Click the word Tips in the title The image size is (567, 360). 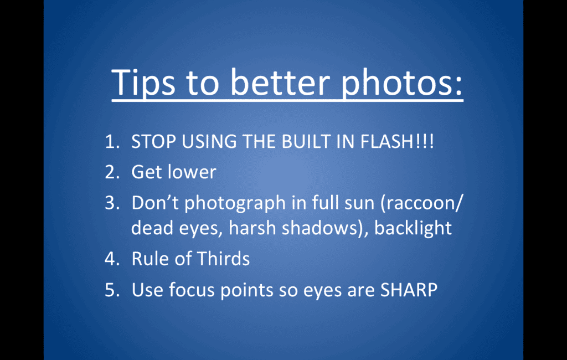coord(143,83)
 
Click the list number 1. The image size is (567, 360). coord(112,141)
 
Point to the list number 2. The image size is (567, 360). coord(112,172)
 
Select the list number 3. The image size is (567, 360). coord(112,203)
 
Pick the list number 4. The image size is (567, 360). coord(112,259)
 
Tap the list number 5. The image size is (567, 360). coord(112,290)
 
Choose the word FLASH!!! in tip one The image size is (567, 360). coord(397,141)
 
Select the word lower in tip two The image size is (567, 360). coord(192,172)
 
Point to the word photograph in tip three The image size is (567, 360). coord(235,204)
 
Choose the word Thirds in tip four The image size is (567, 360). coord(223,259)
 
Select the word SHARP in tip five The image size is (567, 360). coord(409,290)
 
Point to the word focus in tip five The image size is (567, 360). coord(192,290)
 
